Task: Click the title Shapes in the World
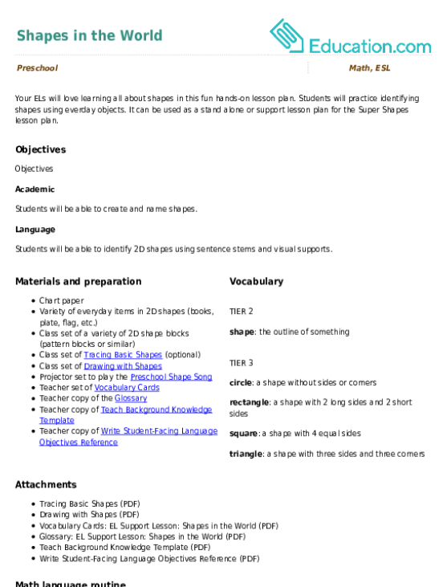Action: pyautogui.click(x=90, y=35)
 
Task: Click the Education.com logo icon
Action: pyautogui.click(x=286, y=35)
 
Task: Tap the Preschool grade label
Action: pyautogui.click(x=38, y=67)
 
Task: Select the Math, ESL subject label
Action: pyautogui.click(x=370, y=67)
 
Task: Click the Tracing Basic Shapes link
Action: pyautogui.click(x=123, y=354)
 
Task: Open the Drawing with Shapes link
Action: pyautogui.click(x=123, y=365)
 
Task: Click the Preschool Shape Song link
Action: pyautogui.click(x=171, y=377)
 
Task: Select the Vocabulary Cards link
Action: pyautogui.click(x=127, y=388)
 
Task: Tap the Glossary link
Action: pyautogui.click(x=131, y=398)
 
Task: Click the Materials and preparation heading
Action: pyautogui.click(x=79, y=282)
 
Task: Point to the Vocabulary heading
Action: pyautogui.click(x=256, y=282)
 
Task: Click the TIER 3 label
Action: pyautogui.click(x=242, y=363)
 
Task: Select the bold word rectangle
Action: pyautogui.click(x=249, y=402)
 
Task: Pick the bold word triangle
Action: pyautogui.click(x=246, y=454)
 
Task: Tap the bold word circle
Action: pyautogui.click(x=241, y=382)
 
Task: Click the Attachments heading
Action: pyautogui.click(x=46, y=484)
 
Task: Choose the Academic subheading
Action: pyautogui.click(x=35, y=189)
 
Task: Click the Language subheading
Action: pyautogui.click(x=35, y=230)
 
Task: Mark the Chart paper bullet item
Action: pyautogui.click(x=62, y=300)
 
